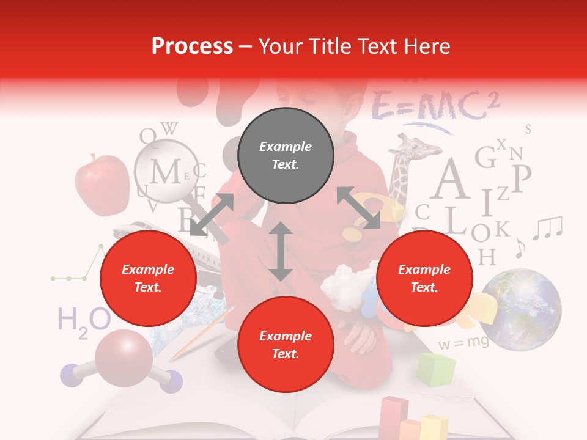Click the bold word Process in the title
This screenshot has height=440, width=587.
click(192, 46)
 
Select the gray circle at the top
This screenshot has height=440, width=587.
click(286, 156)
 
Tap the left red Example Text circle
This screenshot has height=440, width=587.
click(148, 279)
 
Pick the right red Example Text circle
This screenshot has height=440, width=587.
click(424, 279)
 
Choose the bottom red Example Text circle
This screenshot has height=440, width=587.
click(286, 345)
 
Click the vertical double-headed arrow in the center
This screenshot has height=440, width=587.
click(281, 251)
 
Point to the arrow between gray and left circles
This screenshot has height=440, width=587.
click(212, 215)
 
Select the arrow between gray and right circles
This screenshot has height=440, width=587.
click(358, 208)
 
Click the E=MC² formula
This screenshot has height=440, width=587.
click(435, 105)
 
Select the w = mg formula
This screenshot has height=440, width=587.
click(463, 342)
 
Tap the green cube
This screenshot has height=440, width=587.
click(435, 369)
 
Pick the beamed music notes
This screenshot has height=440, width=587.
click(547, 228)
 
